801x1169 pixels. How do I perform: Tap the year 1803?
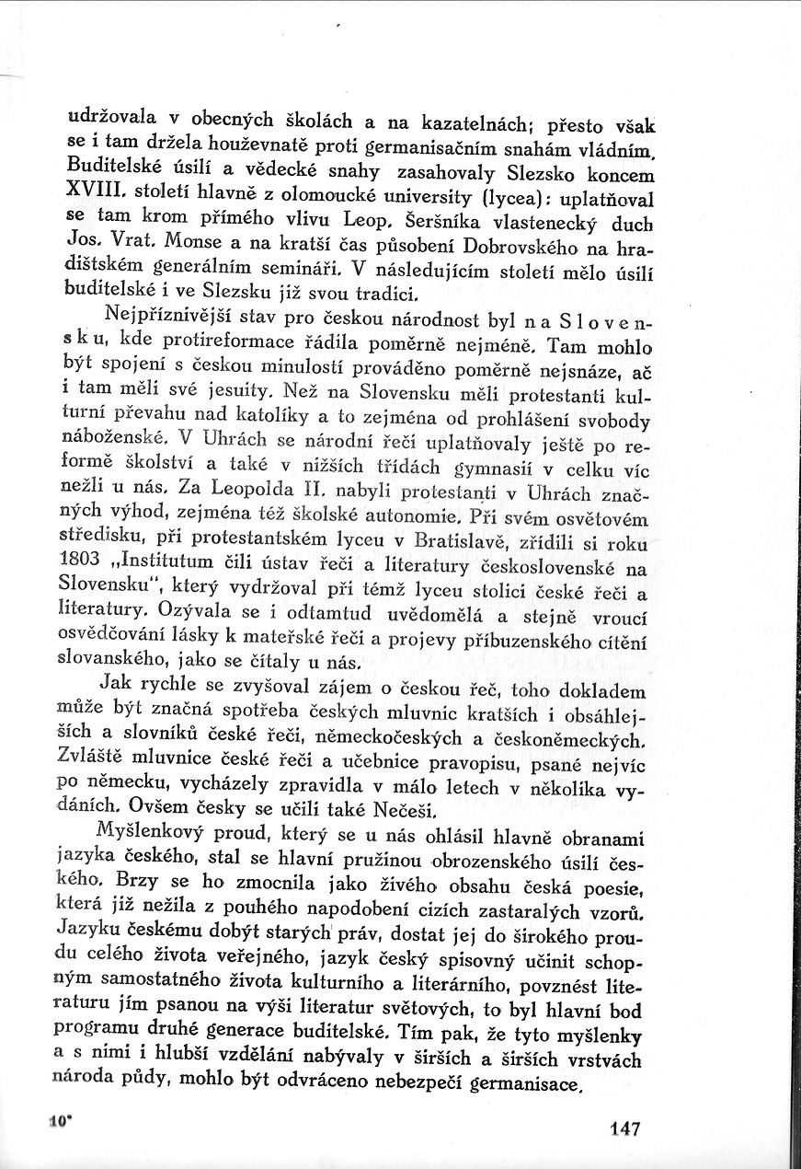(79, 560)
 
